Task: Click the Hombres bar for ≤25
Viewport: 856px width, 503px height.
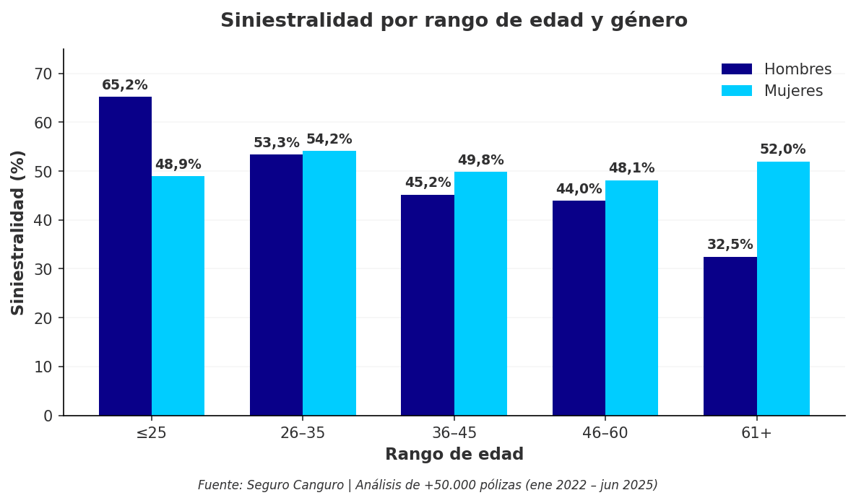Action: pyautogui.click(x=125, y=256)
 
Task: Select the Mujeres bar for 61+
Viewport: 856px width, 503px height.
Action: pyautogui.click(x=783, y=289)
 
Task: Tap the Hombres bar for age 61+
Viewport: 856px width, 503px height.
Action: pyautogui.click(x=730, y=336)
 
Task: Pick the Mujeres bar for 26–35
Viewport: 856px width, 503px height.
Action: pyautogui.click(x=329, y=283)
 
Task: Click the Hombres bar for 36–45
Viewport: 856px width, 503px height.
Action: pyautogui.click(x=427, y=305)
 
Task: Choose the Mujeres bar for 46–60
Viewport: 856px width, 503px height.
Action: pyautogui.click(x=631, y=298)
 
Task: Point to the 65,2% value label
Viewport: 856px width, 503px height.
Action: pyautogui.click(x=124, y=85)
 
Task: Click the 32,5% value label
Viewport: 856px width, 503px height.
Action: pyautogui.click(x=730, y=245)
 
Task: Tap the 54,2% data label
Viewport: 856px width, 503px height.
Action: pyautogui.click(x=329, y=139)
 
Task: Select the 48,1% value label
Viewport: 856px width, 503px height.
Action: pyautogui.click(x=631, y=168)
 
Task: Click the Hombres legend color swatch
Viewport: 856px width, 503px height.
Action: pyautogui.click(x=736, y=69)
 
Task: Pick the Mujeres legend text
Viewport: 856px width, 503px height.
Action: pyautogui.click(x=793, y=91)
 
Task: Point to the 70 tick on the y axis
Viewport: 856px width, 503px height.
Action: pyautogui.click(x=43, y=74)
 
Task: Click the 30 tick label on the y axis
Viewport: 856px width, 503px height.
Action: pyautogui.click(x=43, y=269)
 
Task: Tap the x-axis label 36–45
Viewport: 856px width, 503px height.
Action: pyautogui.click(x=454, y=433)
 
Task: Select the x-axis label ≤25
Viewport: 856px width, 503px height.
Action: pyautogui.click(x=151, y=433)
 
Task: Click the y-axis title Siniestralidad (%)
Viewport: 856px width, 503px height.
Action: pyautogui.click(x=18, y=232)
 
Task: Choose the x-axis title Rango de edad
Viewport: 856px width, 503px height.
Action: pyautogui.click(x=454, y=455)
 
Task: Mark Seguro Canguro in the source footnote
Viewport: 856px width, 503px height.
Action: pyautogui.click(x=296, y=485)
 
